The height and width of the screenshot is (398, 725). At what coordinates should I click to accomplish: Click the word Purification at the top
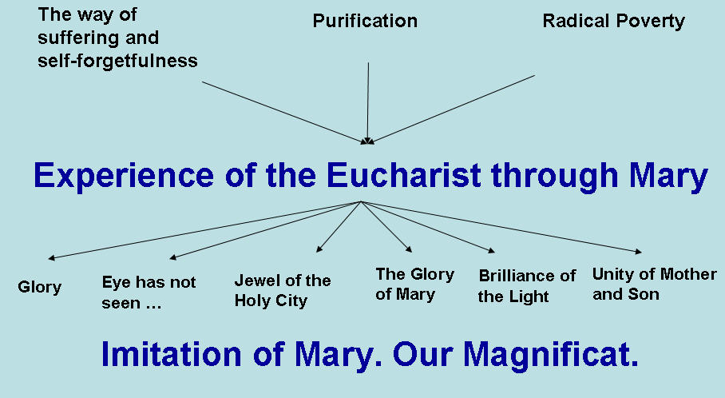click(365, 21)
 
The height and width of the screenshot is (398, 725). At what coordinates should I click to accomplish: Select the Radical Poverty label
click(613, 22)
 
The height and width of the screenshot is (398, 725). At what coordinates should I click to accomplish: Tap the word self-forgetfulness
click(117, 61)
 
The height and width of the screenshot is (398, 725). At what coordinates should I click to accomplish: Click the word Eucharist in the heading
click(404, 175)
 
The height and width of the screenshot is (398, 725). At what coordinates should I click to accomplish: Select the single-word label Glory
click(39, 288)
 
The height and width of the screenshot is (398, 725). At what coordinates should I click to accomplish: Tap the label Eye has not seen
click(149, 292)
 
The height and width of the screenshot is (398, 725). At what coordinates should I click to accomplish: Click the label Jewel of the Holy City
click(283, 290)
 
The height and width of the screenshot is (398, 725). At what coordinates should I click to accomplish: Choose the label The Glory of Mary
click(414, 285)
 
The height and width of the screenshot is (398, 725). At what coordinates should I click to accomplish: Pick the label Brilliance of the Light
click(527, 286)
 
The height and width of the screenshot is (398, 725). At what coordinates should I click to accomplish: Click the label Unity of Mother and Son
click(654, 284)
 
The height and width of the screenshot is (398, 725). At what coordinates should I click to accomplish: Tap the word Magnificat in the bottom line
click(551, 355)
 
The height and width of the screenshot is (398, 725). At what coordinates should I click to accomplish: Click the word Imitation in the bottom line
click(171, 354)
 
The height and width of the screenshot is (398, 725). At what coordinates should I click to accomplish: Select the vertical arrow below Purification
click(368, 103)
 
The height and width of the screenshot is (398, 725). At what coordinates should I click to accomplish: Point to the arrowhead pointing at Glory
click(51, 258)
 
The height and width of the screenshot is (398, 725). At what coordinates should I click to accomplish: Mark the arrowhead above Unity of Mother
click(639, 252)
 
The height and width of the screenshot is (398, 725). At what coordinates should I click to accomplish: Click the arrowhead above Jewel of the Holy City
click(319, 249)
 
